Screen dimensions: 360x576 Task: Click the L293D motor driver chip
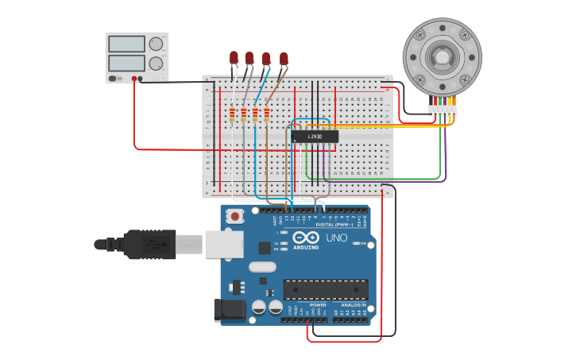pos(315,137)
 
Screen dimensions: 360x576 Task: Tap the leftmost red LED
pos(234,57)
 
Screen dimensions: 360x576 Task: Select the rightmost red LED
pos(284,58)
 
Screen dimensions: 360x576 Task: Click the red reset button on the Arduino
pos(234,215)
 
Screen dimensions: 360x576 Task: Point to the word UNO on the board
pos(336,238)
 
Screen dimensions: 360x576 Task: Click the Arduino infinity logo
pos(306,238)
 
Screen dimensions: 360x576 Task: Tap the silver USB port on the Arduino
pos(223,244)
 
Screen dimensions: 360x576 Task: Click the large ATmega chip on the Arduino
pos(326,290)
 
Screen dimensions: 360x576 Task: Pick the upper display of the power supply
pos(126,44)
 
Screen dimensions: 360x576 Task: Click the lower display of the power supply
pos(126,62)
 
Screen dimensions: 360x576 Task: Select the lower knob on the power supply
pos(156,63)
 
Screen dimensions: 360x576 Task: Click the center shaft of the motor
pos(442,57)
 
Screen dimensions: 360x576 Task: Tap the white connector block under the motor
pos(442,109)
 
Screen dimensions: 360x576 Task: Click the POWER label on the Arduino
pos(318,304)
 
